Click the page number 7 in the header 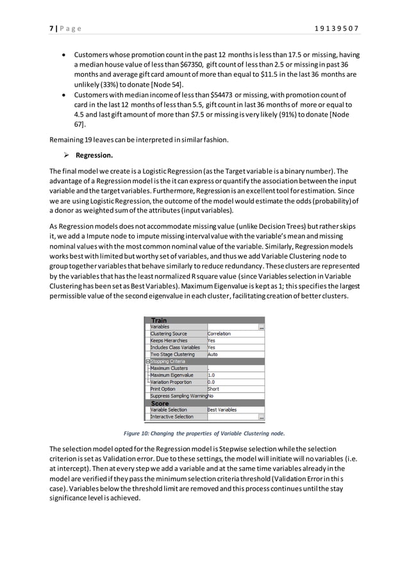[51, 28]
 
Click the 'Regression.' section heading [94, 155]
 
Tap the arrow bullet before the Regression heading [66, 155]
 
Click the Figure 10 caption [204, 433]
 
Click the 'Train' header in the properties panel [159, 320]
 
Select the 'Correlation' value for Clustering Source [219, 334]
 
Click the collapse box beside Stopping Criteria [147, 361]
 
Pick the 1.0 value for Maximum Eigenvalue [212, 376]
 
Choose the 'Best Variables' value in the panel [222, 410]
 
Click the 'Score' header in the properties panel [160, 403]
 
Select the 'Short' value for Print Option [213, 389]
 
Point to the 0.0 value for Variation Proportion [212, 383]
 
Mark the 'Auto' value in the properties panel [212, 354]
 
